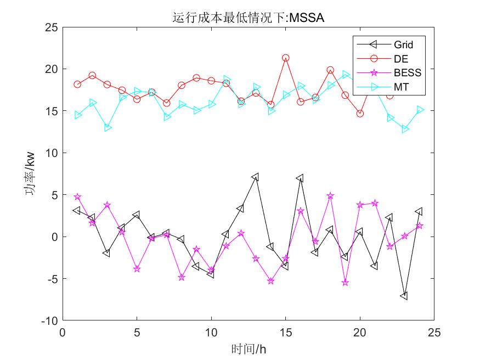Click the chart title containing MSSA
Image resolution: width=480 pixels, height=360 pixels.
[x=248, y=18]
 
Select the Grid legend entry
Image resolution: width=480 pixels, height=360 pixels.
[x=403, y=44]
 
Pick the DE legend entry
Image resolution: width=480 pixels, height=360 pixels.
[x=400, y=59]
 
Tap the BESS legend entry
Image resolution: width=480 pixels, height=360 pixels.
[x=406, y=72]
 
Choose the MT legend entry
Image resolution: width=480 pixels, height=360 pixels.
[x=400, y=87]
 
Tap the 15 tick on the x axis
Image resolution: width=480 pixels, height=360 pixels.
[x=285, y=333]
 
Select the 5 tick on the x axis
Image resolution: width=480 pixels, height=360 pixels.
[x=137, y=333]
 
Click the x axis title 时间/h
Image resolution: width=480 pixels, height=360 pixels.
[x=248, y=349]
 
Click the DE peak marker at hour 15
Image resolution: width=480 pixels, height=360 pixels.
[x=285, y=58]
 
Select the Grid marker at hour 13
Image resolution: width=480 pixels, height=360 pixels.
[x=256, y=177]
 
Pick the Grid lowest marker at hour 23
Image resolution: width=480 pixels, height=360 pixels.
[x=404, y=296]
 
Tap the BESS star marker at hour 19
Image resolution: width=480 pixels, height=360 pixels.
[x=345, y=283]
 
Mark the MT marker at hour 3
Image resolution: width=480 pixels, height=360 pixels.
[x=107, y=128]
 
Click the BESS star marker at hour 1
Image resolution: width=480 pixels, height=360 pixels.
[x=77, y=197]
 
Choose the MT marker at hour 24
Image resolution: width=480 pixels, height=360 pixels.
[x=419, y=110]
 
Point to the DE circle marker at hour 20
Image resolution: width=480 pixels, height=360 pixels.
[x=360, y=114]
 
